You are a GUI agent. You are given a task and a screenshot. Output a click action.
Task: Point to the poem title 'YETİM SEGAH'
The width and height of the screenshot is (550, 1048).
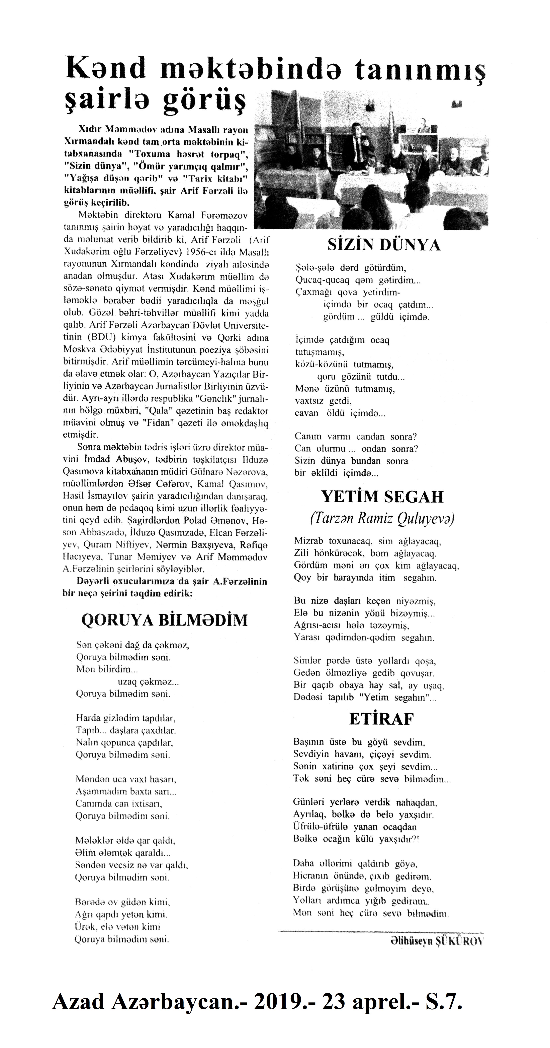pos(382,497)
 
